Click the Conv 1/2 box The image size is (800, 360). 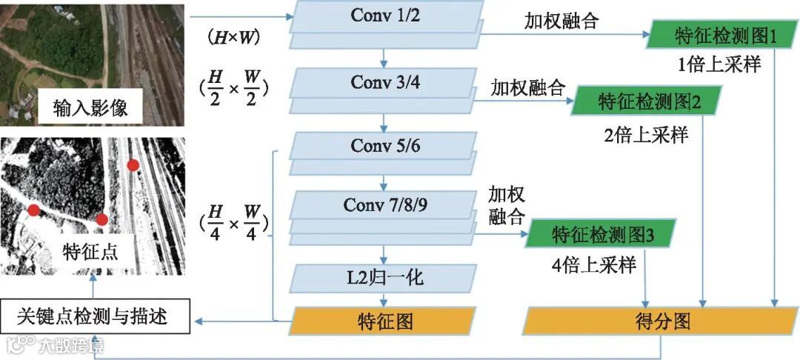385,16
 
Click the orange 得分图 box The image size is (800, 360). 661,321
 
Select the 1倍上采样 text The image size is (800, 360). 719,64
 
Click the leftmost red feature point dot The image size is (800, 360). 33,210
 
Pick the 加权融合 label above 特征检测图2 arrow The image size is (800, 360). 527,87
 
